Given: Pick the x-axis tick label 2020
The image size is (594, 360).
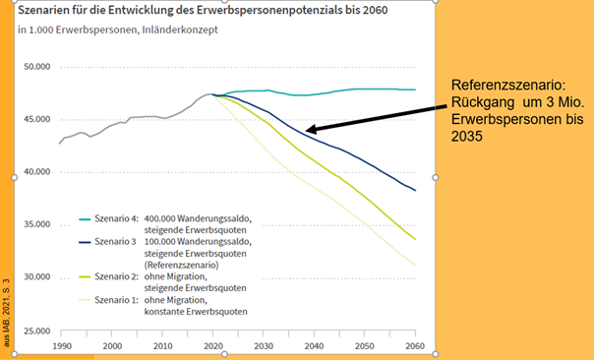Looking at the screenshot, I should (x=213, y=346).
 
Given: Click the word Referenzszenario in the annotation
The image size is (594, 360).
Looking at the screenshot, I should (x=498, y=87).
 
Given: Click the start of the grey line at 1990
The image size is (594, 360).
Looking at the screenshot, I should (x=60, y=144).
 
